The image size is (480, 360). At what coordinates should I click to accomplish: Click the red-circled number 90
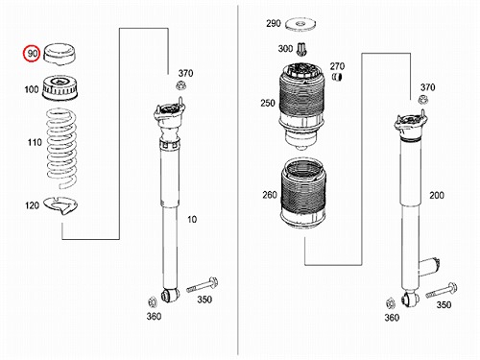coord(33,54)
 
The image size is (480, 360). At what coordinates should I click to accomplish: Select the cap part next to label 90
coord(60,54)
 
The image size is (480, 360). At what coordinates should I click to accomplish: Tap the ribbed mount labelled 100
coord(60,87)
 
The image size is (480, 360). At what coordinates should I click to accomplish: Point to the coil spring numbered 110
coord(62,149)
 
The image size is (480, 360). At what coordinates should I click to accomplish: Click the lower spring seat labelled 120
coord(61,205)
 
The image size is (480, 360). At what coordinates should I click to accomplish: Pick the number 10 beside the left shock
coord(192,220)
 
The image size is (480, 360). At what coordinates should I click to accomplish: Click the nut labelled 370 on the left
coord(180,85)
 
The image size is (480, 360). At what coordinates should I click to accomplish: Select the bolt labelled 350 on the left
coord(203,285)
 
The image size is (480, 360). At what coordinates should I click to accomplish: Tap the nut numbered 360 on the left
coord(152,301)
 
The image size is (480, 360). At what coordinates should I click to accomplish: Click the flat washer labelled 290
coord(300,25)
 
